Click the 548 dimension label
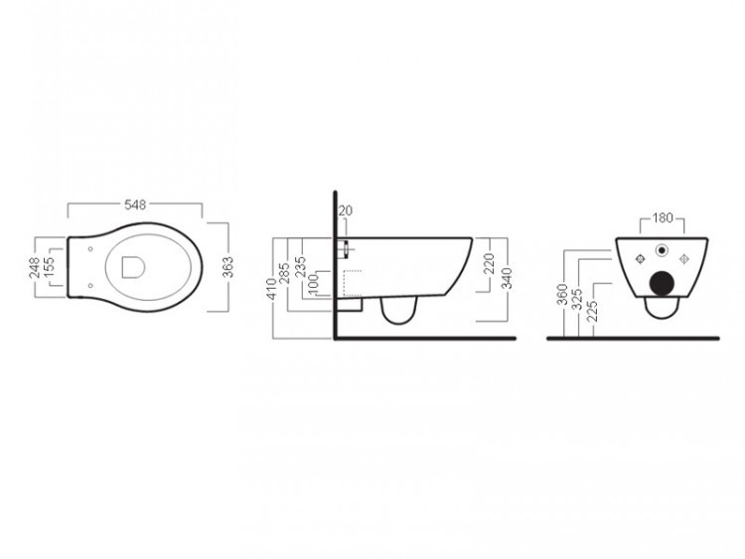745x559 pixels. pos(135,205)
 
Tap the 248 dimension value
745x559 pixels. pos(35,268)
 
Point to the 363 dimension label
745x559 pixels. pos(228,267)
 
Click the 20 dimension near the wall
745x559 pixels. pos(346,210)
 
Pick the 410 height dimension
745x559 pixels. pos(271,289)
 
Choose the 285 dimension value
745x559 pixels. pos(285,273)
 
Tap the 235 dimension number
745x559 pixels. pos(300,267)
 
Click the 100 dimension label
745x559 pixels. pos(313,285)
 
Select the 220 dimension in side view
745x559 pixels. pos(490,264)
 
